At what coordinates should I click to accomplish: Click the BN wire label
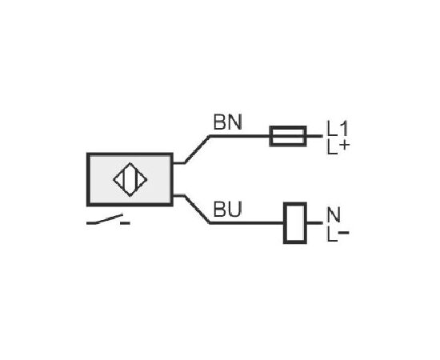click(227, 122)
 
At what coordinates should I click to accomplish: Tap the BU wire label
click(227, 210)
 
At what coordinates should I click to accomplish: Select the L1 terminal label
click(338, 128)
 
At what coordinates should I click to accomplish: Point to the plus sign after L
click(344, 145)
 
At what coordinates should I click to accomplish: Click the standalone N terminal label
click(334, 214)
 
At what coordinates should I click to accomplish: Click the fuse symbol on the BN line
click(288, 136)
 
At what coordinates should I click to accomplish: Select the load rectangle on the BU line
click(295, 222)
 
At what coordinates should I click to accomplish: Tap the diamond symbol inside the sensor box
click(130, 179)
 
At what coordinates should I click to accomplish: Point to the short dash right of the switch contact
click(125, 223)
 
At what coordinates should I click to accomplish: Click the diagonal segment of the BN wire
click(197, 150)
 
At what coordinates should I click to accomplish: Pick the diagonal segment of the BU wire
click(197, 210)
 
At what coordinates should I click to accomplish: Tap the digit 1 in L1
click(343, 128)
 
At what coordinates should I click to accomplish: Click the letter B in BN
click(219, 122)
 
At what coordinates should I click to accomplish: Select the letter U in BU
click(234, 210)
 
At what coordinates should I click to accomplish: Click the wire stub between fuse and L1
click(315, 136)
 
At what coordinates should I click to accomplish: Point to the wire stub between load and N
click(315, 222)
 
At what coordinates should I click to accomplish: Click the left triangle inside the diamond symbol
click(118, 179)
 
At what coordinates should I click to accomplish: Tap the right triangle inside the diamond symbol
click(142, 179)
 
